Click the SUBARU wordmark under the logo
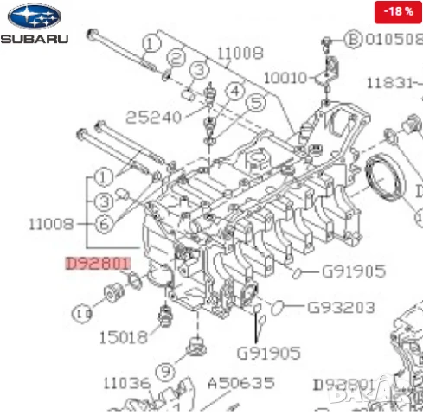(x=34, y=40)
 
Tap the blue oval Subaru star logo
(x=34, y=16)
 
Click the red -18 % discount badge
(x=397, y=11)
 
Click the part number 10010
(x=285, y=78)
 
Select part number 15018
(x=124, y=337)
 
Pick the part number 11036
(x=127, y=382)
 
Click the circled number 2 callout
(x=177, y=58)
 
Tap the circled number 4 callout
(x=234, y=90)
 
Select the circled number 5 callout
(x=254, y=104)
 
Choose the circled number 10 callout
(x=83, y=313)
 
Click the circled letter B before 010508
(x=353, y=39)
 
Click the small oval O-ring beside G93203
(x=278, y=306)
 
